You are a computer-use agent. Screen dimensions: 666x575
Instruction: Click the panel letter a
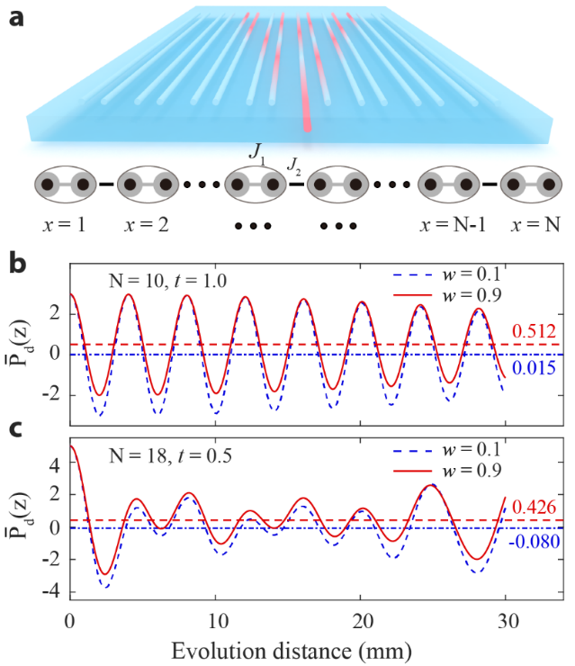15,17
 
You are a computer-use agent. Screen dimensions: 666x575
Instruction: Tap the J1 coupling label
257,150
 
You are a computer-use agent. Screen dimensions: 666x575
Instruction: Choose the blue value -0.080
531,543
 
